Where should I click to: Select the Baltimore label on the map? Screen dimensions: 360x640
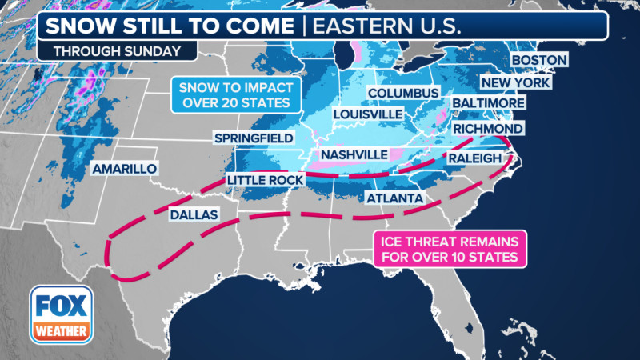[488, 104]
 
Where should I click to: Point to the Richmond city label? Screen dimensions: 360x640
[488, 129]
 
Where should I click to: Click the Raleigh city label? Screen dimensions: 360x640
[474, 159]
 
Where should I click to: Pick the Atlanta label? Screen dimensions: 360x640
[394, 198]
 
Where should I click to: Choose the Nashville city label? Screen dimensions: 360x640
[354, 154]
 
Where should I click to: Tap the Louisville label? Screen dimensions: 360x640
[367, 114]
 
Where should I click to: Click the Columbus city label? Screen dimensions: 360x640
[403, 94]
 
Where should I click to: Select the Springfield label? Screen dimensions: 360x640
[253, 138]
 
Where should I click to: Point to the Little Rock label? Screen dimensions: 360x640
[265, 181]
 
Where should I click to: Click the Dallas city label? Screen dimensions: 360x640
[193, 214]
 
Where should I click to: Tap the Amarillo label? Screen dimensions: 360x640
[124, 170]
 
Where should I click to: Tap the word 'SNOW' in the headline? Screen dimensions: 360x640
[74, 25]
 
